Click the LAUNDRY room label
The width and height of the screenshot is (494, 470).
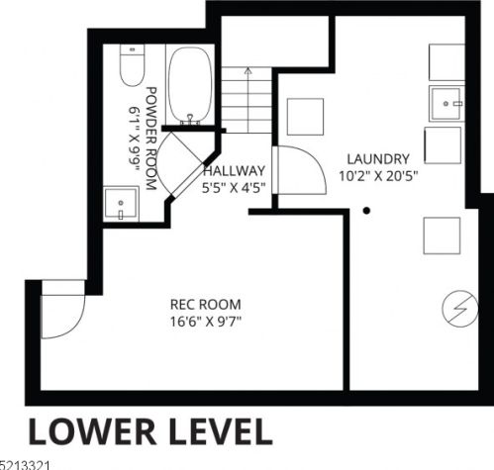[378, 159]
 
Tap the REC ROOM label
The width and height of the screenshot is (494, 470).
[206, 304]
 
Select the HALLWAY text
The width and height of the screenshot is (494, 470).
[235, 171]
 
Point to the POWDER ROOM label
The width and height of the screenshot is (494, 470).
[151, 139]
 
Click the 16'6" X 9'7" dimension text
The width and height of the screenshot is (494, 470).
[206, 321]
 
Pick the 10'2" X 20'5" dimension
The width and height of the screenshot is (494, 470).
[378, 176]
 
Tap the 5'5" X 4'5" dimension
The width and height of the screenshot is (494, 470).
[234, 188]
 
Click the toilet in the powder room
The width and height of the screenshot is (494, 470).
[132, 65]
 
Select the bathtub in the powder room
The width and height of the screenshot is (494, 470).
[190, 85]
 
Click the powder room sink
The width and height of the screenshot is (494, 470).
[121, 204]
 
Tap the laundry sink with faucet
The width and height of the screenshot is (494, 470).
[446, 104]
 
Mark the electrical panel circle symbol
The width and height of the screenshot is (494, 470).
[460, 309]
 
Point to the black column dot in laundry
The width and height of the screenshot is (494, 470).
[366, 211]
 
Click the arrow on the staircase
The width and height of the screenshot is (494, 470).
[247, 99]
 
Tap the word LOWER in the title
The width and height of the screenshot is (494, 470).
[92, 431]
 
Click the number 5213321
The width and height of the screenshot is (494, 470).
[25, 465]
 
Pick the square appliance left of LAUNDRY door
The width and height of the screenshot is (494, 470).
[305, 117]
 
